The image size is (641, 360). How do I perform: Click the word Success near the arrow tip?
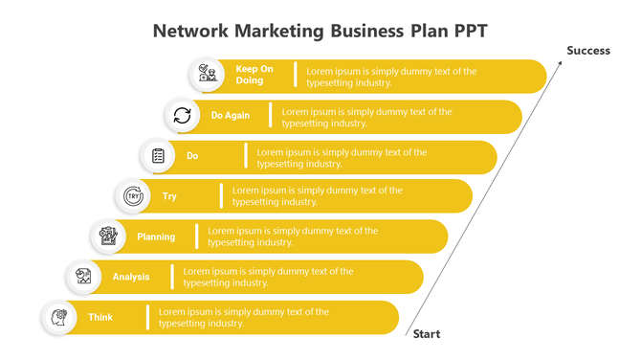(587, 51)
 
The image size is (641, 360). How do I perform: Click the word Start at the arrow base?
(426, 334)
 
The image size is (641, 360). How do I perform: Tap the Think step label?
(100, 317)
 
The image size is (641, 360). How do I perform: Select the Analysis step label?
(131, 277)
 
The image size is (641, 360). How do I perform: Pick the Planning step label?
(156, 236)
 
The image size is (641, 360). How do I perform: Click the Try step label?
(169, 196)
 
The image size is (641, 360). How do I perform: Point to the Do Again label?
(231, 116)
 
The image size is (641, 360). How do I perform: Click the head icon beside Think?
(58, 317)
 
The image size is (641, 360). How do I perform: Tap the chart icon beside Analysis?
(83, 277)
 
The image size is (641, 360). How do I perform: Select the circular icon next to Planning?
(108, 236)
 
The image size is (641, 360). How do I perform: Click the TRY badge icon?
(133, 196)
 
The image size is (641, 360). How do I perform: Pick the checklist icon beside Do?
(158, 155)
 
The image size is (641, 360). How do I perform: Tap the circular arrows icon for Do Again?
(182, 116)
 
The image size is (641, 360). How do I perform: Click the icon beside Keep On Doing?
(207, 75)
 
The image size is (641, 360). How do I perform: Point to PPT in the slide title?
(466, 30)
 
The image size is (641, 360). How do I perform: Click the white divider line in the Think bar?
(147, 317)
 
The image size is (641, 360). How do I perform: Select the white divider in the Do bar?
(246, 156)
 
